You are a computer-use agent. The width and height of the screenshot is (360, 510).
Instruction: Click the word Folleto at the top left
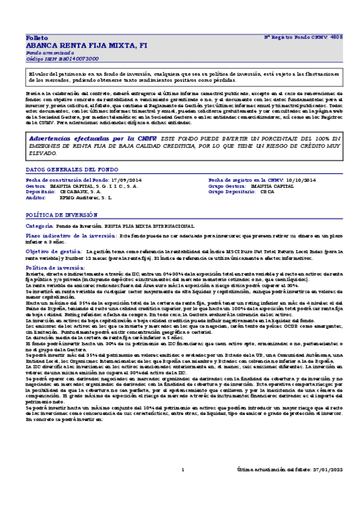coord(35,37)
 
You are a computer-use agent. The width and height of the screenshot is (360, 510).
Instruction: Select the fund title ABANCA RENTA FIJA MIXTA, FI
coord(87,45)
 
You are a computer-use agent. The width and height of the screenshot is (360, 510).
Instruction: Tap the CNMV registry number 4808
coord(337,37)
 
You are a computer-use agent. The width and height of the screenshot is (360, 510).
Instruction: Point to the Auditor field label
coord(36,197)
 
